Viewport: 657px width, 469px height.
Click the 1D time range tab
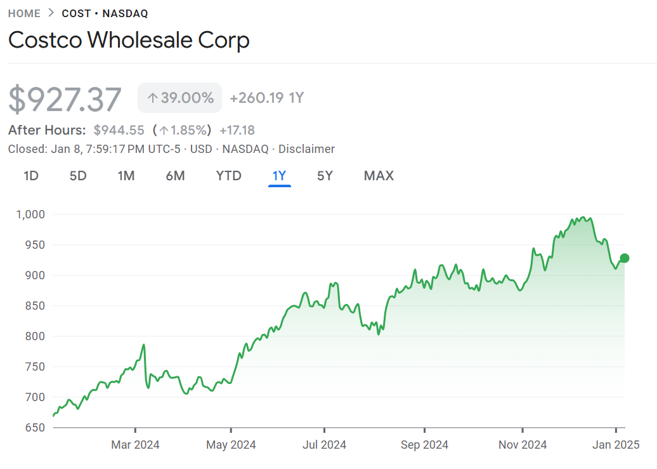click(31, 176)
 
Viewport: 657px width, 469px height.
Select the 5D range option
click(78, 176)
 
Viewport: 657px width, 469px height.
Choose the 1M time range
click(126, 176)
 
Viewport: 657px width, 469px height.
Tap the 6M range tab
click(176, 176)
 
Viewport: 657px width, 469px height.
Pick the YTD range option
click(229, 176)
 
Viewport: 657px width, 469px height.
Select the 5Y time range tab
click(325, 176)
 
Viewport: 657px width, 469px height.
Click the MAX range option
click(379, 176)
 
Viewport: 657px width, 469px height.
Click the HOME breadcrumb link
click(24, 13)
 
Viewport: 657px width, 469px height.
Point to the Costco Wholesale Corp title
click(129, 40)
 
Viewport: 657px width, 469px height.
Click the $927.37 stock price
click(65, 100)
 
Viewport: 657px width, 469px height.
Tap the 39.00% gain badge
click(180, 98)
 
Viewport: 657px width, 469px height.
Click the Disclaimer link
click(306, 149)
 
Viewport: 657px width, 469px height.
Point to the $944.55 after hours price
click(119, 130)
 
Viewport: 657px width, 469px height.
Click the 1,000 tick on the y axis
click(30, 215)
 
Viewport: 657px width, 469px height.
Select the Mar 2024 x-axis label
click(135, 445)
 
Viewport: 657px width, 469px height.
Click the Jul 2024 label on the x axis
click(324, 445)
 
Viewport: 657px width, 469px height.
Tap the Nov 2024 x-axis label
click(523, 445)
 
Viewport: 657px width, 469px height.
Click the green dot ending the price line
click(625, 258)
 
